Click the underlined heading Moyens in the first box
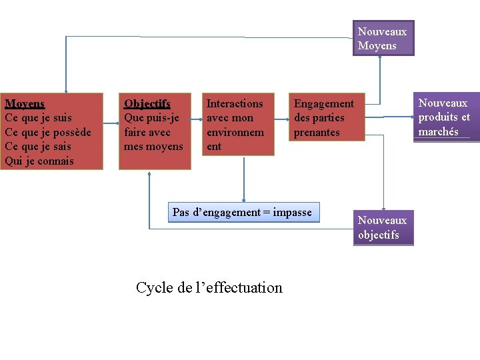tap(25, 103)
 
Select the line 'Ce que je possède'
tap(48, 132)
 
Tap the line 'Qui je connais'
tap(39, 161)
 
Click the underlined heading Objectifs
tap(147, 103)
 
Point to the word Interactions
tap(235, 103)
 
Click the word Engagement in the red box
tap(324, 103)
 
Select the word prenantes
tap(317, 132)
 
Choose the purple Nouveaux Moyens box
tap(383, 39)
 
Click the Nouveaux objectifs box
tap(383, 227)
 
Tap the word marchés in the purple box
tap(438, 131)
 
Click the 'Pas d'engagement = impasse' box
tap(243, 213)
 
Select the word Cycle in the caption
tap(155, 287)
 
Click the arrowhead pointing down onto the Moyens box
tap(66, 89)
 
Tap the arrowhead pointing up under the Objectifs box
tap(151, 173)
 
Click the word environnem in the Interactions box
tap(235, 132)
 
